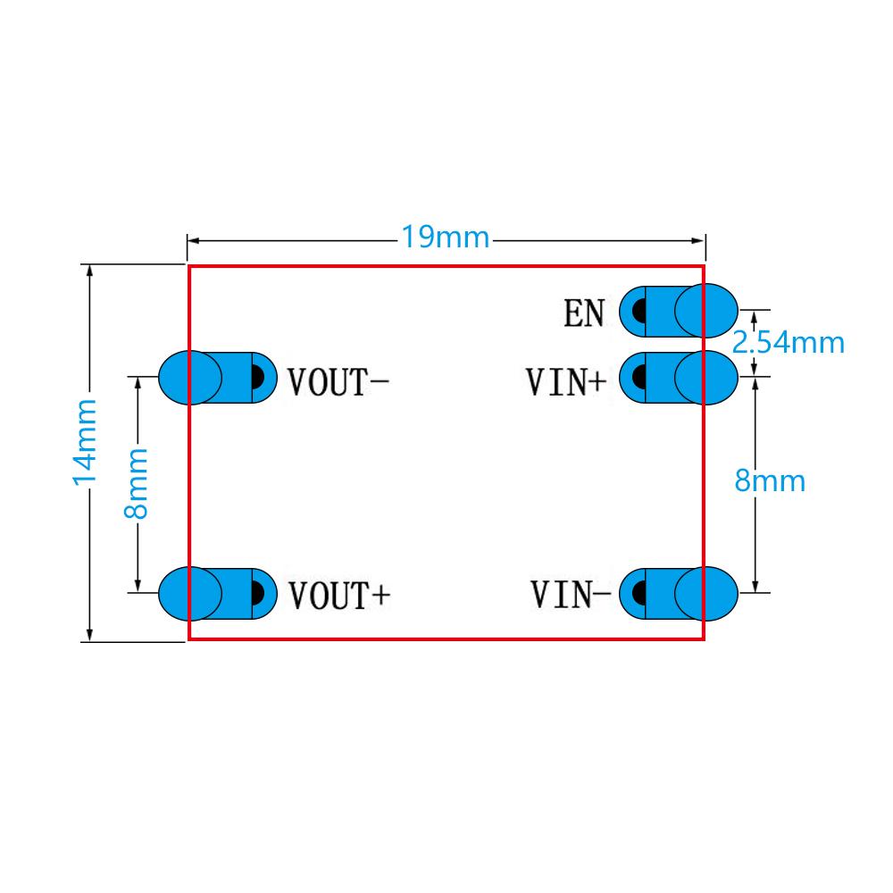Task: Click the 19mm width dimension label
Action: tap(445, 238)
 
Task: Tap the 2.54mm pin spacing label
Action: tap(789, 341)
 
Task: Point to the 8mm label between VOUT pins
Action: tap(136, 483)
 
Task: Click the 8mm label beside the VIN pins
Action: tap(770, 481)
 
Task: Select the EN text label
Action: tap(584, 313)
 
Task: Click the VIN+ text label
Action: tap(566, 382)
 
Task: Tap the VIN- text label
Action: tap(571, 594)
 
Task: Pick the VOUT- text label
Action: tap(338, 382)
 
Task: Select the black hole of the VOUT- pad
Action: tap(256, 378)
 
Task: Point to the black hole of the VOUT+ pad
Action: tap(256, 593)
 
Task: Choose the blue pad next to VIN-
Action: tap(679, 592)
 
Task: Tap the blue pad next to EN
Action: tap(679, 312)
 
